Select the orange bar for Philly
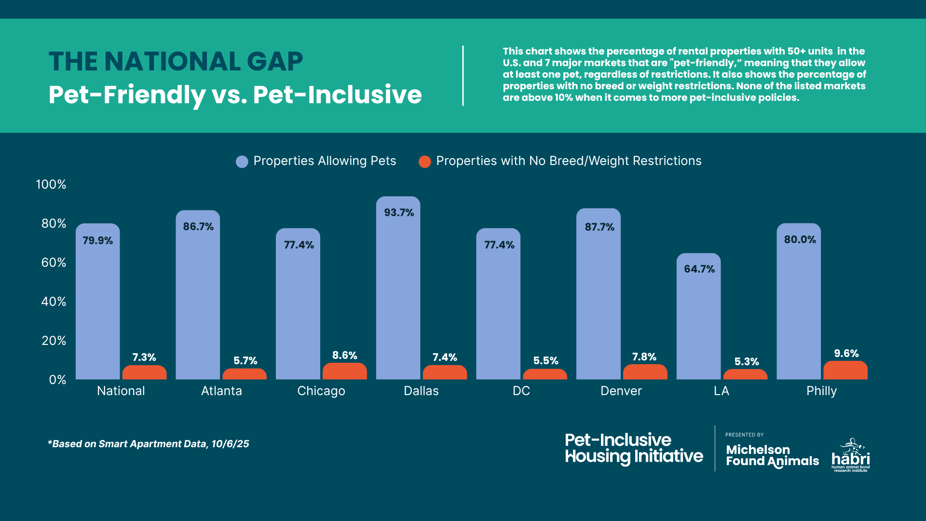pos(845,370)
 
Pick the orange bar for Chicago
pos(344,371)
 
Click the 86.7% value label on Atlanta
pos(198,227)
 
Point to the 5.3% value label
pos(746,362)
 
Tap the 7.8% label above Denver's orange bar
pos(644,357)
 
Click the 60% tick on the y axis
pos(54,263)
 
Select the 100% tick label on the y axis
pos(51,185)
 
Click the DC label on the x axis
pos(521,391)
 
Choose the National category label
pos(121,391)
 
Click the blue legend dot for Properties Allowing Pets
pos(242,162)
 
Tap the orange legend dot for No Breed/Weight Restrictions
pos(424,162)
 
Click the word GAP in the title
pos(274,62)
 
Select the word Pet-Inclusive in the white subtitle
pos(337,95)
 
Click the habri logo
pos(851,456)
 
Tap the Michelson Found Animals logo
pos(772,456)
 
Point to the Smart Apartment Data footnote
pos(149,444)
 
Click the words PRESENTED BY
pos(744,435)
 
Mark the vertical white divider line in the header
pos(463,76)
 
